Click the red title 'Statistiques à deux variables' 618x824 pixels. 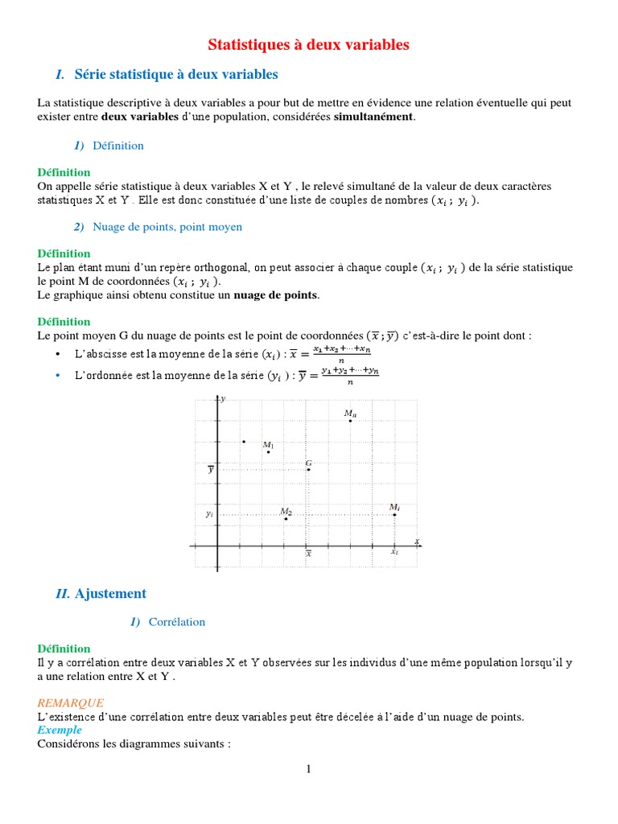click(309, 44)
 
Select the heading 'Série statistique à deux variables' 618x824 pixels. click(175, 75)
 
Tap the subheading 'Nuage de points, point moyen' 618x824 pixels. click(167, 227)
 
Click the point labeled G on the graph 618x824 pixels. click(308, 469)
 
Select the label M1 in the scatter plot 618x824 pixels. click(269, 445)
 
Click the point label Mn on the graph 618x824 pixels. click(350, 414)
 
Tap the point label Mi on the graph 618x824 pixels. click(394, 507)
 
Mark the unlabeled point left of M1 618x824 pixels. click(244, 441)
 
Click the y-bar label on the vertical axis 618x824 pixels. click(210, 469)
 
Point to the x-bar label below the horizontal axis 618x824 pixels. click(308, 554)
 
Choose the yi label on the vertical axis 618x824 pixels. click(209, 513)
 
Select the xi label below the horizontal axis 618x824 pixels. click(394, 553)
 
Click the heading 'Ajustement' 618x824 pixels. click(110, 594)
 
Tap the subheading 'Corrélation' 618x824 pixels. click(176, 622)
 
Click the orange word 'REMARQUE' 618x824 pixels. click(71, 702)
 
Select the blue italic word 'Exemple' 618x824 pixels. click(60, 730)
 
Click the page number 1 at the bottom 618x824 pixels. click(308, 769)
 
